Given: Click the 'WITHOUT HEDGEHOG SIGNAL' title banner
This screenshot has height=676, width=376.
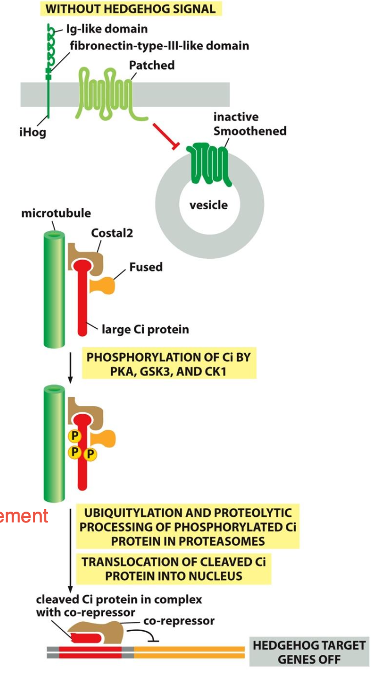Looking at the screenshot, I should click(x=130, y=9).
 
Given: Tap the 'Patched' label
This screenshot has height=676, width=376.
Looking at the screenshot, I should click(x=151, y=65).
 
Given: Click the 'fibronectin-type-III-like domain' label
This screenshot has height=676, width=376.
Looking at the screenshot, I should click(x=159, y=46).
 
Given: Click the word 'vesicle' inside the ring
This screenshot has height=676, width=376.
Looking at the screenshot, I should click(x=208, y=205).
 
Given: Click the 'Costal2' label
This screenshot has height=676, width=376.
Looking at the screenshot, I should click(x=112, y=233).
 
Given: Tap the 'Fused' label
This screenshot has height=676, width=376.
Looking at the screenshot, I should click(x=146, y=267).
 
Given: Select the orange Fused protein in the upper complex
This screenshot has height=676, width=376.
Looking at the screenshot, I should click(x=102, y=286).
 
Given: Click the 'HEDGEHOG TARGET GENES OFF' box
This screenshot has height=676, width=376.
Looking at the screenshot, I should click(x=309, y=652).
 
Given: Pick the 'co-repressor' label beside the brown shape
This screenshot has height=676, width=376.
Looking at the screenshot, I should click(x=179, y=621).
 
